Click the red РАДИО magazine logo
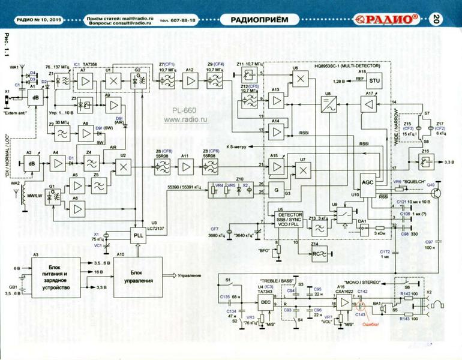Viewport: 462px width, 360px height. (x=390, y=19)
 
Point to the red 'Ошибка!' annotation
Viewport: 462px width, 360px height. (x=372, y=325)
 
